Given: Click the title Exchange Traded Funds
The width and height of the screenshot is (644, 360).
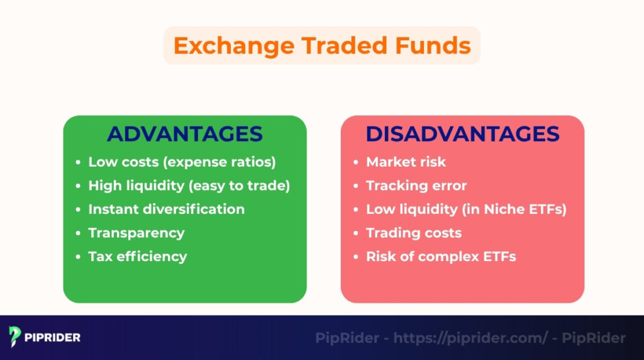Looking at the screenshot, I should (x=321, y=46).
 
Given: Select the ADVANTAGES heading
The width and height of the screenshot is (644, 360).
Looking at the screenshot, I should (x=184, y=134).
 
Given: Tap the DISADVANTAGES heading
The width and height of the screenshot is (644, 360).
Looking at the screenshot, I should (x=462, y=134).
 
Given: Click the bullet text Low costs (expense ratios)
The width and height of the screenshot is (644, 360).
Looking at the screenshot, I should (x=182, y=162).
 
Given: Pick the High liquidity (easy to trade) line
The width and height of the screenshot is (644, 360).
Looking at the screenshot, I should (x=189, y=186).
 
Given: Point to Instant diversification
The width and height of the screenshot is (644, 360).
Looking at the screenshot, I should (x=166, y=209).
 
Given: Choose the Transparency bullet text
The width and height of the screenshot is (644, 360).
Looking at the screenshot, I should (x=136, y=233).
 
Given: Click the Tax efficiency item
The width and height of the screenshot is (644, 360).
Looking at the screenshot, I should (x=137, y=256).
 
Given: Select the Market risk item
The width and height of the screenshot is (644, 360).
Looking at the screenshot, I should (x=406, y=162).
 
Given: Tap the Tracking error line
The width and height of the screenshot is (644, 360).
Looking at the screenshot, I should (x=416, y=186).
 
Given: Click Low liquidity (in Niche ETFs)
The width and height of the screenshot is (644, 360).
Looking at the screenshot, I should (x=466, y=209).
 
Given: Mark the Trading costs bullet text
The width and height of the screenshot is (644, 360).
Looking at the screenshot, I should (x=414, y=233).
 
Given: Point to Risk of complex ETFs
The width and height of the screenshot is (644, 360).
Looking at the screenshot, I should (x=441, y=256).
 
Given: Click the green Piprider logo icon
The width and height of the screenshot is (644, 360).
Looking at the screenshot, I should (x=15, y=337).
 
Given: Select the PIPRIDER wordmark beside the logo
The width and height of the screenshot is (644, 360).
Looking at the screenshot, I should (x=53, y=337).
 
